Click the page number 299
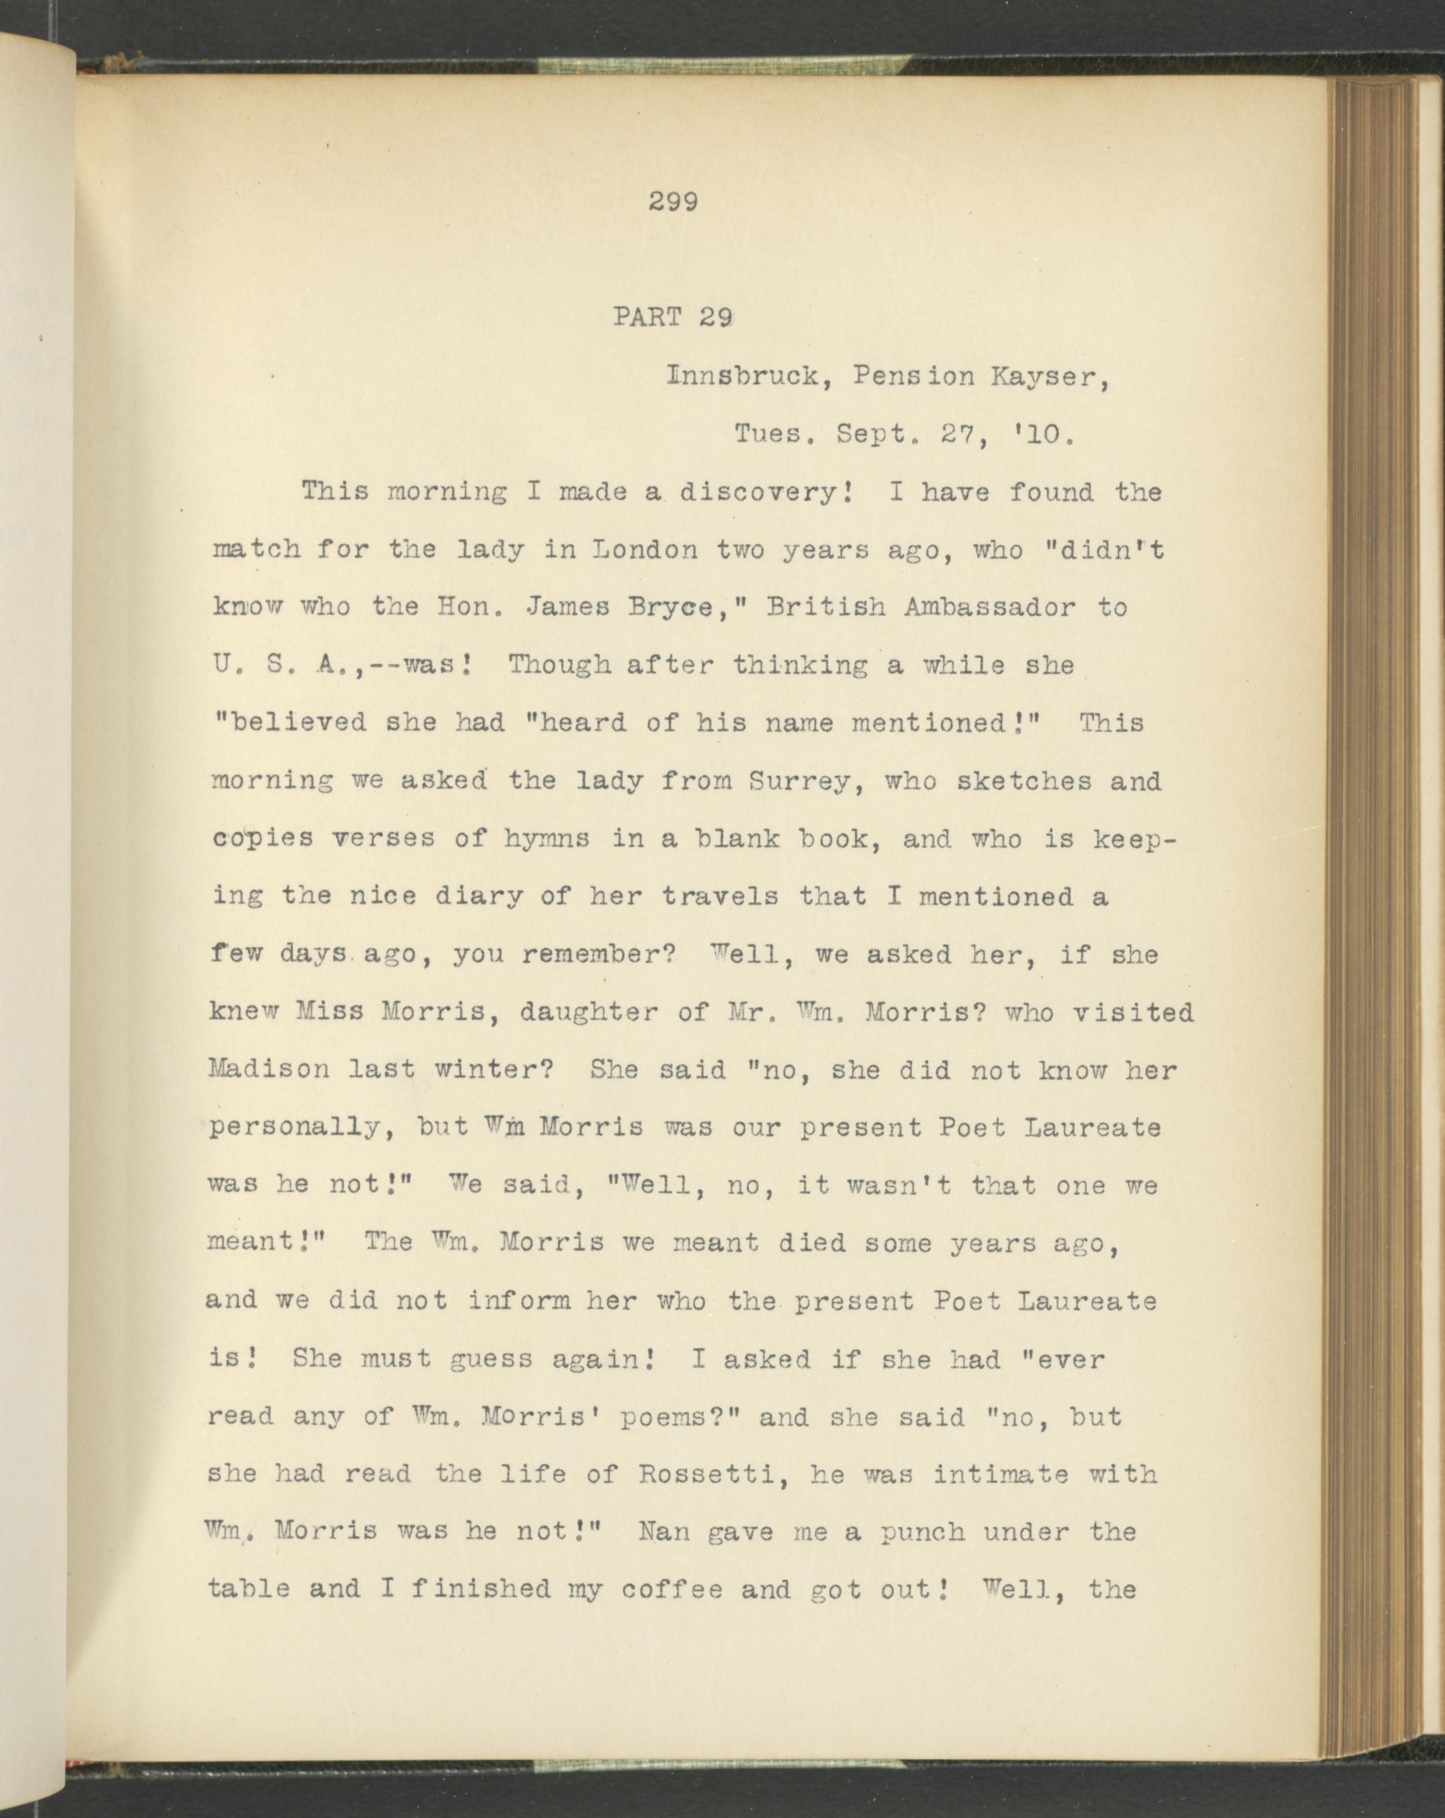(674, 202)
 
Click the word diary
(485, 897)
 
